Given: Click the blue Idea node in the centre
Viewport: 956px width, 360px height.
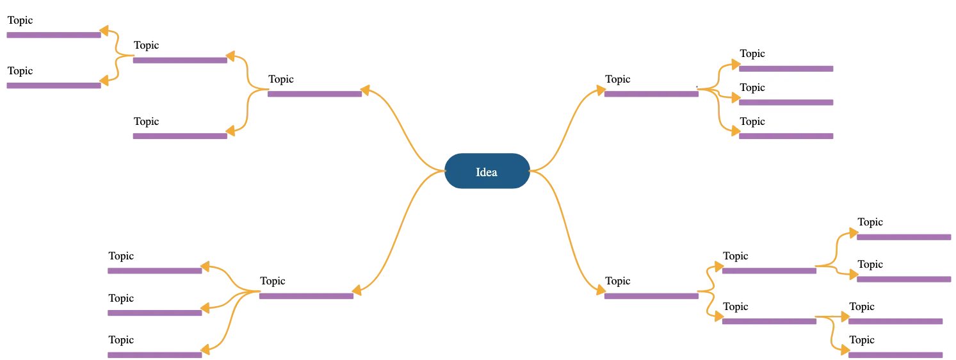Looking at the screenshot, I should pyautogui.click(x=487, y=171).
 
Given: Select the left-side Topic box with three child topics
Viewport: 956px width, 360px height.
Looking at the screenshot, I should pyautogui.click(x=306, y=281).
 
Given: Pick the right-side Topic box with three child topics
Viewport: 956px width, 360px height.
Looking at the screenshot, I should pyautogui.click(x=651, y=79).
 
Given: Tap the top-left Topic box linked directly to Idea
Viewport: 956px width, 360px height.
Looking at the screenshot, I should pyautogui.click(x=314, y=79).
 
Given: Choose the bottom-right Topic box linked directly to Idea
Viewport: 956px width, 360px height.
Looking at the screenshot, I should pyautogui.click(x=651, y=281).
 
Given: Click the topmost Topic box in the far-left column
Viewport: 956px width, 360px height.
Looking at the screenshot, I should pyautogui.click(x=54, y=20).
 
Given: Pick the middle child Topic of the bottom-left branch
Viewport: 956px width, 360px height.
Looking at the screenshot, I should pyautogui.click(x=155, y=298).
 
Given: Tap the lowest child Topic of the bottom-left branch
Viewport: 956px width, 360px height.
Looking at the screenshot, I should pyautogui.click(x=155, y=340).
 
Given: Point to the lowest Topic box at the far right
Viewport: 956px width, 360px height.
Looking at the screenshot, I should pyautogui.click(x=896, y=340).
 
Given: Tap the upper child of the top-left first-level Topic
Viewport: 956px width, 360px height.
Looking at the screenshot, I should pyautogui.click(x=180, y=45).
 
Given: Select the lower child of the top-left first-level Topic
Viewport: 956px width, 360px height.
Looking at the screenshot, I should pyautogui.click(x=180, y=121).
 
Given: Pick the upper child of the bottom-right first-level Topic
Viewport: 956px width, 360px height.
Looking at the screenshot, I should pyautogui.click(x=769, y=256).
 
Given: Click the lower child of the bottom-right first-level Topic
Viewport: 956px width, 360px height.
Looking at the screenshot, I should pyautogui.click(x=769, y=306).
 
